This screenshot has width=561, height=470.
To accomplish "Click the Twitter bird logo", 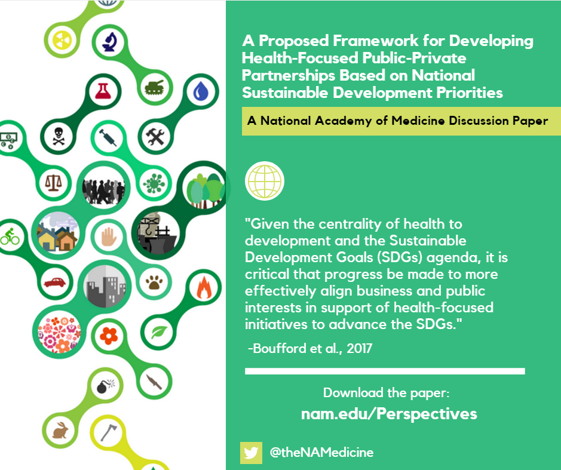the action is [x=251, y=453].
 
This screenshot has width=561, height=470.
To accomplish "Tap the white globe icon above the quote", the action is [x=265, y=181].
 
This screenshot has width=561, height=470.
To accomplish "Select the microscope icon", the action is [x=110, y=42].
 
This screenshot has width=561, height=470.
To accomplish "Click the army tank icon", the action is [x=154, y=87].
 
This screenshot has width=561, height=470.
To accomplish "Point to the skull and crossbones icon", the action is [x=59, y=136].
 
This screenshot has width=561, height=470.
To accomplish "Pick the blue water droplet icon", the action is [x=201, y=91].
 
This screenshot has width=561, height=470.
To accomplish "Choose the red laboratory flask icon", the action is [x=103, y=91].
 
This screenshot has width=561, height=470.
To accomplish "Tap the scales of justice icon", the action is [x=53, y=183].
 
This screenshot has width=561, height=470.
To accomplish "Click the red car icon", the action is [x=55, y=282].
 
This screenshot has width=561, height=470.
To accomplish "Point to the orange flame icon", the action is [x=204, y=287].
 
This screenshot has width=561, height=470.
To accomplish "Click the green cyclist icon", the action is [x=10, y=236].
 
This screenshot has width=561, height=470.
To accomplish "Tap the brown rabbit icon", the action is [x=60, y=431].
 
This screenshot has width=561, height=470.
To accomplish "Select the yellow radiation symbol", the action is [x=62, y=39].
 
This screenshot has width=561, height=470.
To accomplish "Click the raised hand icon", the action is [x=109, y=236].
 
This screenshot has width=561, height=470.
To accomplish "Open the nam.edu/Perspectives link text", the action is [x=389, y=414].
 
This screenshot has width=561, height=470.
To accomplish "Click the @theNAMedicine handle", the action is [x=321, y=453].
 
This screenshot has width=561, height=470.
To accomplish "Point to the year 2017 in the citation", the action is [x=360, y=348].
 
